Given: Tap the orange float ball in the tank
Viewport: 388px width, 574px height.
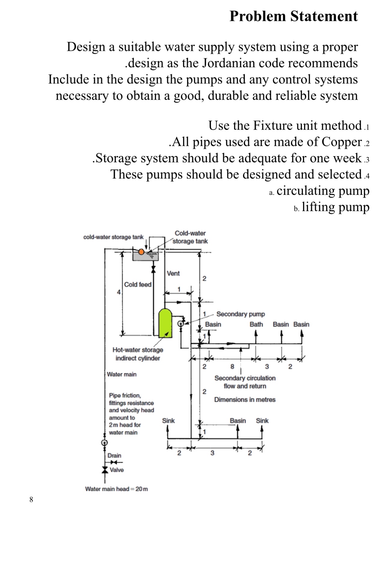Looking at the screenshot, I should [141, 252].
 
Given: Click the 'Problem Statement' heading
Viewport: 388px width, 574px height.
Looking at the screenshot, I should [294, 16].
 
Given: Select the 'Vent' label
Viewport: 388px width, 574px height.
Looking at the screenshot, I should [173, 273].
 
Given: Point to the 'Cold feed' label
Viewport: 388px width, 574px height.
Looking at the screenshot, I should [138, 285].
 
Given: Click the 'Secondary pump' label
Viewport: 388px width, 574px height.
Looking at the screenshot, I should [241, 314].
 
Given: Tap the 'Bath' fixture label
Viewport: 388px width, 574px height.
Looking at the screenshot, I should [256, 325].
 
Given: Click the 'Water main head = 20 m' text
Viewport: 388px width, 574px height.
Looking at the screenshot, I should [116, 489].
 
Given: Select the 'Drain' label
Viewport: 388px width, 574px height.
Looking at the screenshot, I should [114, 455].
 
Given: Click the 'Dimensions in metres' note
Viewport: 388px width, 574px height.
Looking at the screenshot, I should [245, 400].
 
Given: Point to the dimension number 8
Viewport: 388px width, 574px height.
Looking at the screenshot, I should [232, 367].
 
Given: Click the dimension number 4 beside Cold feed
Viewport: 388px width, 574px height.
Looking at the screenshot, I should [119, 292].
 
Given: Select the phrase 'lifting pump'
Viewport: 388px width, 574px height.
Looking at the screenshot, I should [336, 207].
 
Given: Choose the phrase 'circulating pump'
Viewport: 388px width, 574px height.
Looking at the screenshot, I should [323, 191].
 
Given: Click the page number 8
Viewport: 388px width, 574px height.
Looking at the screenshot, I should [31, 500].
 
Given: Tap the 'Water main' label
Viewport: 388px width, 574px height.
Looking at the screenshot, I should [122, 374].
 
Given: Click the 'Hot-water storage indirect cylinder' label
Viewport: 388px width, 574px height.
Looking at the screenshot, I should [138, 354].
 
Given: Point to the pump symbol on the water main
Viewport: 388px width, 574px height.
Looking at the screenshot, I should [104, 443].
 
